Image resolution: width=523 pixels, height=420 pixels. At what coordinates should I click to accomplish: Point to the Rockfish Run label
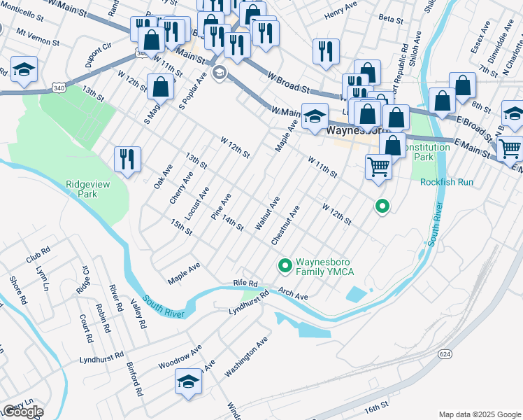click(x=447, y=182)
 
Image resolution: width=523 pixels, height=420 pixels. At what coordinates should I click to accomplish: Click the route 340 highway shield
click(x=59, y=86)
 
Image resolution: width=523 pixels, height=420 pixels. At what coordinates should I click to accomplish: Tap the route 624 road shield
click(x=445, y=354)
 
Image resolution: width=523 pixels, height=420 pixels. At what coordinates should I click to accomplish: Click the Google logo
click(x=22, y=411)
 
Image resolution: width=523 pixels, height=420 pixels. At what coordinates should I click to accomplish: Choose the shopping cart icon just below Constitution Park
click(x=378, y=167)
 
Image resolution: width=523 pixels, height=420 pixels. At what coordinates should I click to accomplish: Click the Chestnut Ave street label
click(x=286, y=224)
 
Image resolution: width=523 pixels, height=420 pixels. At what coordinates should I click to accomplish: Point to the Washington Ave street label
click(x=246, y=357)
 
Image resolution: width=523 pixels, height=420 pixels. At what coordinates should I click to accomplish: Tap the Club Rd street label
click(x=38, y=253)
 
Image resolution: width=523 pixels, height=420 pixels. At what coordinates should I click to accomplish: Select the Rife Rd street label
click(x=245, y=283)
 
